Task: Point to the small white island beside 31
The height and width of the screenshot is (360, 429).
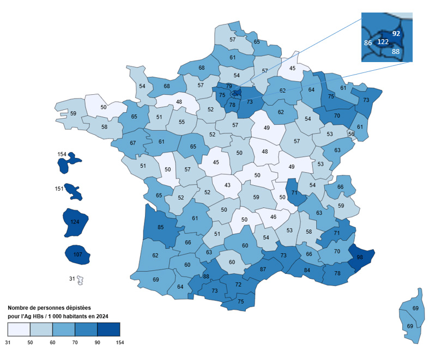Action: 80,280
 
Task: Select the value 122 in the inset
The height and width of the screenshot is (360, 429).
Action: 383,42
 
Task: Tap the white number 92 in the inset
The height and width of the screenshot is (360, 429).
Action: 396,33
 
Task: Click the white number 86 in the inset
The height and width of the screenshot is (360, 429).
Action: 368,42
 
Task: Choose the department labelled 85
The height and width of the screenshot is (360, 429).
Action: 160,227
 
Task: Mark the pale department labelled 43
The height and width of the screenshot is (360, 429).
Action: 227,186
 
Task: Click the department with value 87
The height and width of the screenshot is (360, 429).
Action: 263,269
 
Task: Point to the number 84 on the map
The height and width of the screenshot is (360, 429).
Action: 307,270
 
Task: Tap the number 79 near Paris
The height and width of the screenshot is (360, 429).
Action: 229,86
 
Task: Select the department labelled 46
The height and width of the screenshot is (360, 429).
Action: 273,217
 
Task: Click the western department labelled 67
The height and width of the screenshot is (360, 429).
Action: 132,143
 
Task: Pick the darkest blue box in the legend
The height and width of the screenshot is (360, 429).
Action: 108,330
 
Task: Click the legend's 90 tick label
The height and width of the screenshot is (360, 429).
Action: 97,342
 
